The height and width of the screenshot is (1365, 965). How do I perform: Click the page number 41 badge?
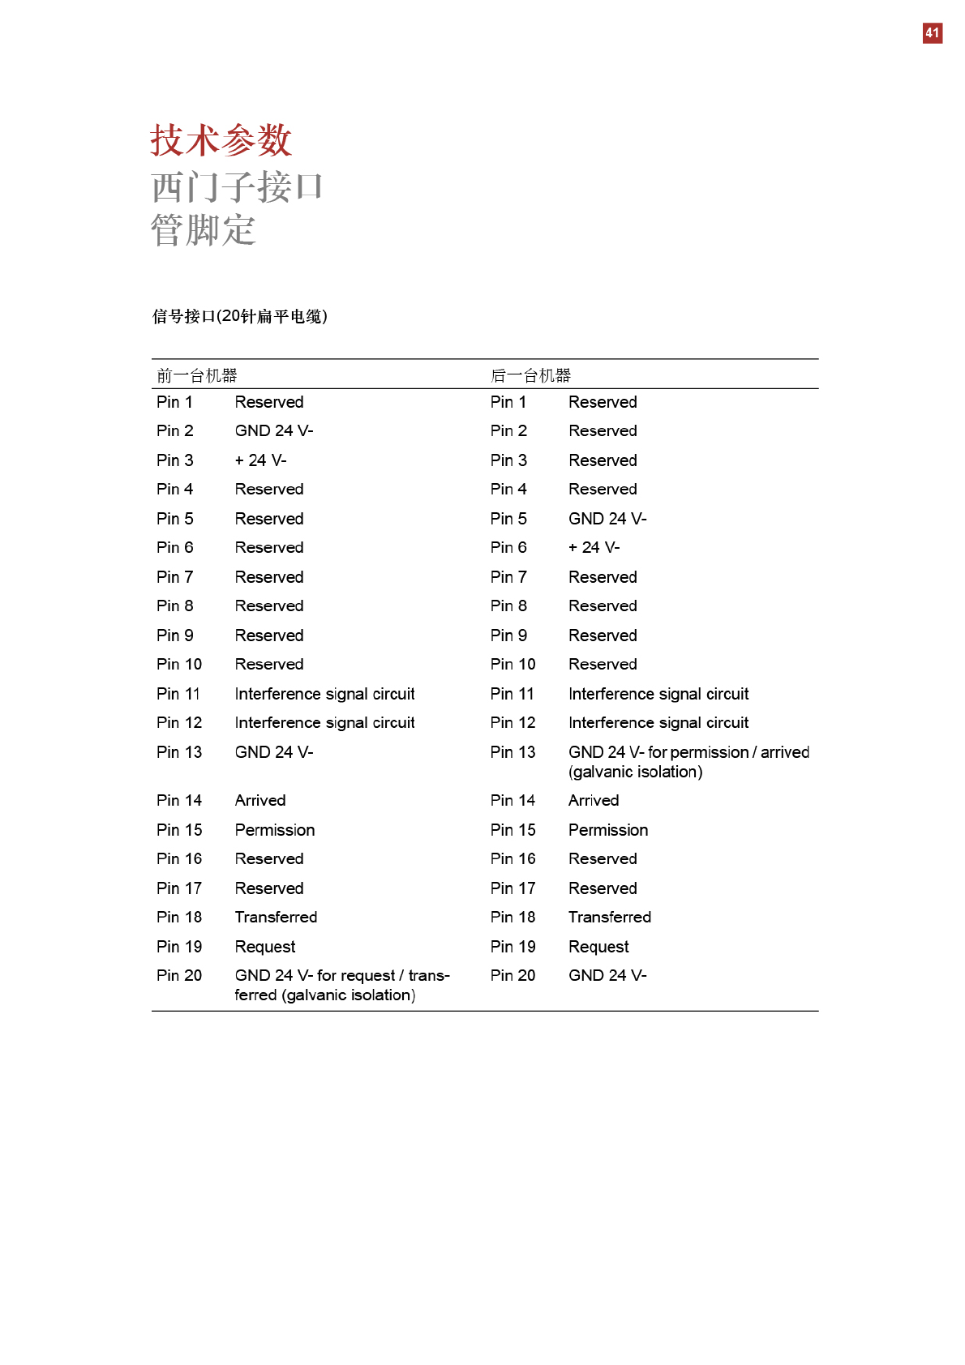[932, 33]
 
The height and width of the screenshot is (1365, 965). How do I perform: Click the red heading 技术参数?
[221, 140]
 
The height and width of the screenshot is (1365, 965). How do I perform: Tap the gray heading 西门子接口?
[237, 187]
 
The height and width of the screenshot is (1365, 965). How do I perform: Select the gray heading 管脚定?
[204, 230]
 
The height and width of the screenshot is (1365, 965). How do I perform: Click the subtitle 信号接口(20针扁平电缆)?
[240, 316]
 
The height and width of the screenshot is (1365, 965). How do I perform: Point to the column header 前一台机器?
[197, 375]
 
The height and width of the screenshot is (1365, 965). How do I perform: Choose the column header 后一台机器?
[530, 375]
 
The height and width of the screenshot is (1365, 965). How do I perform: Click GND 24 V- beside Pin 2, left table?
[274, 430]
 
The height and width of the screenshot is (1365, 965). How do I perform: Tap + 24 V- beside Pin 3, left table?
[260, 460]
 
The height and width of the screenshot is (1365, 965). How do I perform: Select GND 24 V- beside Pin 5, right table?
[607, 519]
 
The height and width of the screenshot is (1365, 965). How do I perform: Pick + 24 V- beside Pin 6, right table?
[594, 548]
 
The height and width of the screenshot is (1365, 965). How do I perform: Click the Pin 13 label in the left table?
[179, 752]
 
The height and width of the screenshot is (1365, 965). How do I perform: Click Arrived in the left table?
[260, 800]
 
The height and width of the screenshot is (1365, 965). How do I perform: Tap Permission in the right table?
[608, 830]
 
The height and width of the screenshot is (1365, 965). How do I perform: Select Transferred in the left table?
[276, 917]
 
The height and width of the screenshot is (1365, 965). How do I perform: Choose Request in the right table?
[598, 947]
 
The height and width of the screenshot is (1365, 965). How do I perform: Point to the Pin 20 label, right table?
[513, 975]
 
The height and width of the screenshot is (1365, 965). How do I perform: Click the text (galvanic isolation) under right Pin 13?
[636, 772]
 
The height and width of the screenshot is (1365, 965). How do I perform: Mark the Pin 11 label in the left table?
[178, 694]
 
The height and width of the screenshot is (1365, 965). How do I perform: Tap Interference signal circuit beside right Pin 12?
[658, 722]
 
